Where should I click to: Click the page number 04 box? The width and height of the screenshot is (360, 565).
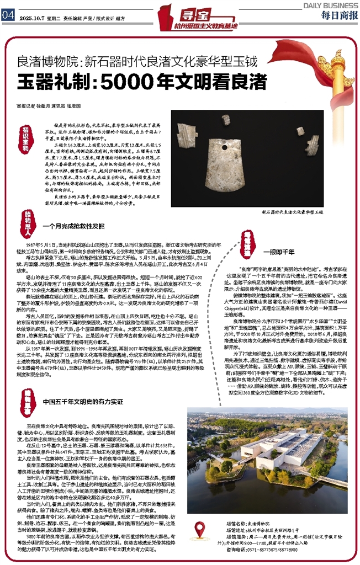point(8,15)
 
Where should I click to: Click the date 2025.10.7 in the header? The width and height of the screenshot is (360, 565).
point(33,17)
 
